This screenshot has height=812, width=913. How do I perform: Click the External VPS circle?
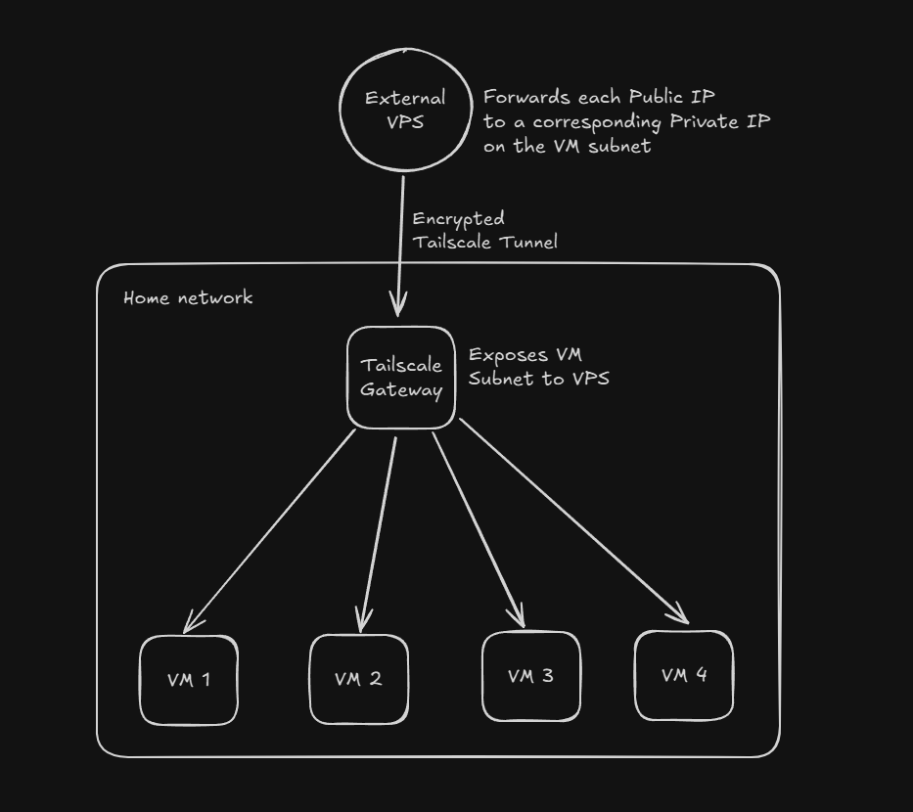404,110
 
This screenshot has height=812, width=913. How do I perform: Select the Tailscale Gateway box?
401,378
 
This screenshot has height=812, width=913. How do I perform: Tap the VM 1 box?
189,680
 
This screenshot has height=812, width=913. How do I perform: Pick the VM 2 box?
358,679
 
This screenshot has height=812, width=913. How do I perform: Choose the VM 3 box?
530,676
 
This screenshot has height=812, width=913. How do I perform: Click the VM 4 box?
684,675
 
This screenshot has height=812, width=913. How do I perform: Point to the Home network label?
188,297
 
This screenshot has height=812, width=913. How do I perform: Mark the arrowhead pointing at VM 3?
519,618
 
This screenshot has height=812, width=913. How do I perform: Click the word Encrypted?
458,219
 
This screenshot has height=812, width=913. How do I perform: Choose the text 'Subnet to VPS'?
538,379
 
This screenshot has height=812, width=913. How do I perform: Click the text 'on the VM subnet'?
567,147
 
